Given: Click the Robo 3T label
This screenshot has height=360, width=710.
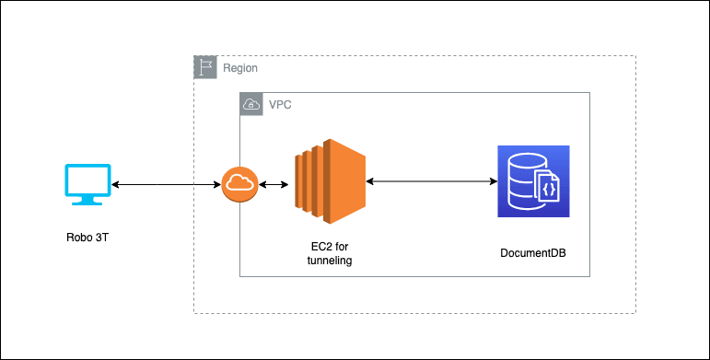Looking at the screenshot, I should tap(88, 238).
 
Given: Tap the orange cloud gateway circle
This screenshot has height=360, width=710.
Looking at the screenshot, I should tap(239, 184).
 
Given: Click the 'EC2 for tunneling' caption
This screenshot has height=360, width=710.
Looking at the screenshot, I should tap(329, 255).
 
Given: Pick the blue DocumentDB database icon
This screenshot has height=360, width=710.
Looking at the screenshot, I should tap(533, 181).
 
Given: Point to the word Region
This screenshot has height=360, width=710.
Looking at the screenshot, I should tap(240, 68).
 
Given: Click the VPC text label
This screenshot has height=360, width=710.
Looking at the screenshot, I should tap(280, 105).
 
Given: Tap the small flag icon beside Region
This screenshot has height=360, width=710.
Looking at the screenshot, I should tap(205, 67).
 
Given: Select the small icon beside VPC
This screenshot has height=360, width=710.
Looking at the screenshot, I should tap(250, 104).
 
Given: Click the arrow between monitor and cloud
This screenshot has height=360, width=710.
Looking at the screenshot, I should tap(167, 185).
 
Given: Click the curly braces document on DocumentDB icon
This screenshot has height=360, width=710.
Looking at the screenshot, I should tap(547, 189).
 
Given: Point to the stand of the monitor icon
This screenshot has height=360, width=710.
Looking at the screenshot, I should tap(88, 201).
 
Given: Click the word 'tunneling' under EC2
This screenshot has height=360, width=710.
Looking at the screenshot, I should tap(329, 261).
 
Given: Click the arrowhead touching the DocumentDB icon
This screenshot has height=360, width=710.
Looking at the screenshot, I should tap(492, 182).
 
